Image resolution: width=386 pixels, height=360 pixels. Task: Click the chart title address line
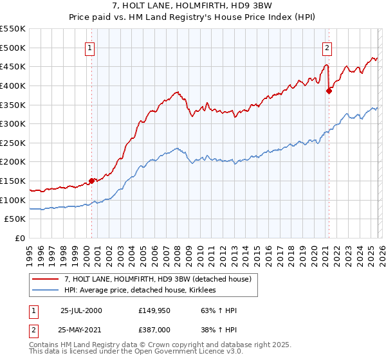pos(193,6)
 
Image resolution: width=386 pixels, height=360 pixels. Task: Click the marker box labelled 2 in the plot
pos(327,47)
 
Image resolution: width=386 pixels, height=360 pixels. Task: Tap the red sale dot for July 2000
pos(92,181)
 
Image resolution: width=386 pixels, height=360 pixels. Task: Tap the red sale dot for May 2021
pos(329,91)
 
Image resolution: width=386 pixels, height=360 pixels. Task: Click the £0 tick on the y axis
pos(21,239)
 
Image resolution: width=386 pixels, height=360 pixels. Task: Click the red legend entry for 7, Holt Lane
pos(161,279)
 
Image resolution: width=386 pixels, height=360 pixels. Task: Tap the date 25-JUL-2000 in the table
pos(81,310)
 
